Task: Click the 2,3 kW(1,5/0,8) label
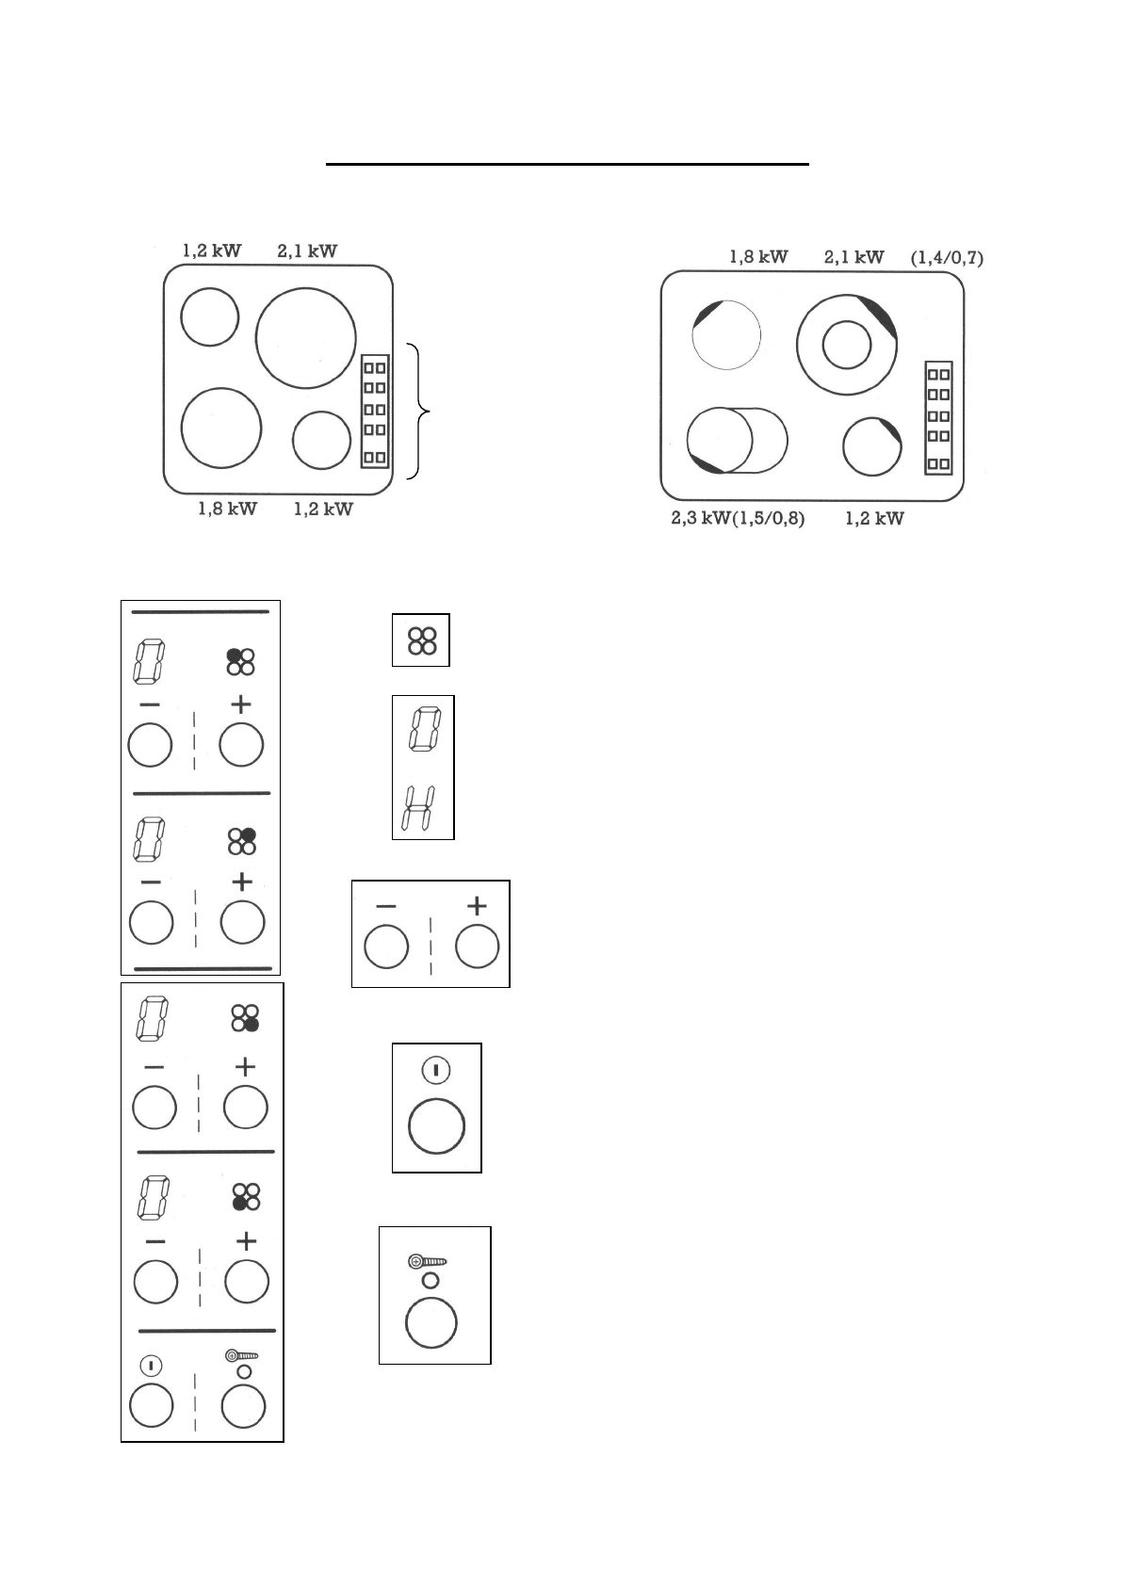click(738, 519)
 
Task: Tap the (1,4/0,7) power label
click(947, 257)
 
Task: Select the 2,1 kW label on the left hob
click(307, 251)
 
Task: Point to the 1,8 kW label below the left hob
click(227, 509)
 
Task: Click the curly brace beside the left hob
click(421, 412)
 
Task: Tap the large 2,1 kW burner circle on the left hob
click(306, 338)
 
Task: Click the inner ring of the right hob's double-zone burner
click(846, 345)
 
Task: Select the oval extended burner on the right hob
click(737, 440)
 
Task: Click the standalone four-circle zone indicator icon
click(421, 640)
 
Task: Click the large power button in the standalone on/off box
click(436, 1125)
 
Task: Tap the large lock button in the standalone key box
click(431, 1322)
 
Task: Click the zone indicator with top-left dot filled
click(241, 661)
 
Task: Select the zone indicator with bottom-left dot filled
click(245, 1196)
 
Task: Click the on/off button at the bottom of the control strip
click(152, 1407)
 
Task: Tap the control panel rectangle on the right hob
click(938, 417)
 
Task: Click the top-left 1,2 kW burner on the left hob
click(210, 317)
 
